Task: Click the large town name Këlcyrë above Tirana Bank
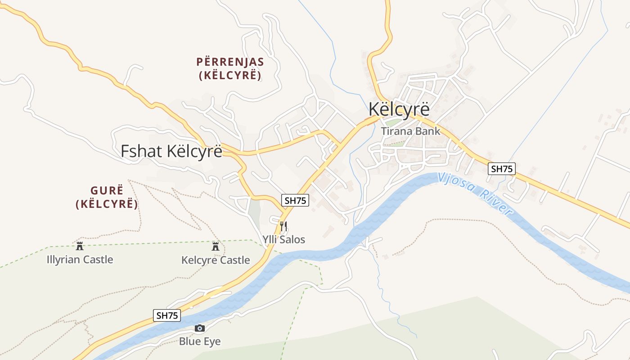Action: point(399,109)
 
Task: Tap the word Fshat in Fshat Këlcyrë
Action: point(141,151)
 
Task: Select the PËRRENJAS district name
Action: point(230,62)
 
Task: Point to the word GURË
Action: point(107,190)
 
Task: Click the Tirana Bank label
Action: point(410,131)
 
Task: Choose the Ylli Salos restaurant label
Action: point(284,239)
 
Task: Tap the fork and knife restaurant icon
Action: point(283,226)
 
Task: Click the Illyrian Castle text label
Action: point(80,260)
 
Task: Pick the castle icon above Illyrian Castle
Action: point(80,246)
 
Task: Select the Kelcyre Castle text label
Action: point(216,260)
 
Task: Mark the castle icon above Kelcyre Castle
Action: point(216,246)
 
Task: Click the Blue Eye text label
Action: point(200,342)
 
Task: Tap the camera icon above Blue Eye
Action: point(200,328)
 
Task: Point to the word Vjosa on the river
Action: point(455,182)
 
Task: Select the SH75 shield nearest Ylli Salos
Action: point(296,201)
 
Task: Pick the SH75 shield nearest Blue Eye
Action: point(167,315)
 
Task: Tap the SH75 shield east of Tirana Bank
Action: point(502,169)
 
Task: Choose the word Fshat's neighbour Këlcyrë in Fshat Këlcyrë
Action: point(194,151)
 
